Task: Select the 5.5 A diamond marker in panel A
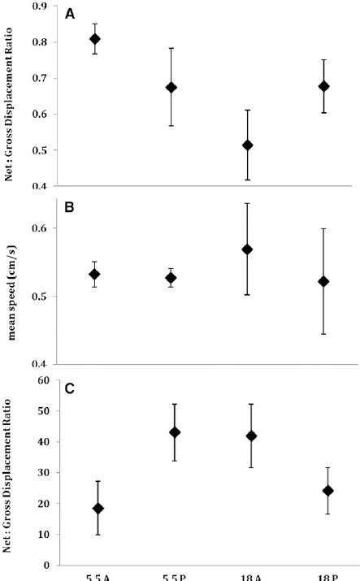95,39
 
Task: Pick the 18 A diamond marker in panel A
248,145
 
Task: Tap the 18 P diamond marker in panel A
324,86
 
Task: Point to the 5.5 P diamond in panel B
171,278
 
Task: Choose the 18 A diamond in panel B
248,249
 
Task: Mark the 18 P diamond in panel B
324,281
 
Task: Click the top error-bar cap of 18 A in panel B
248,203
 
